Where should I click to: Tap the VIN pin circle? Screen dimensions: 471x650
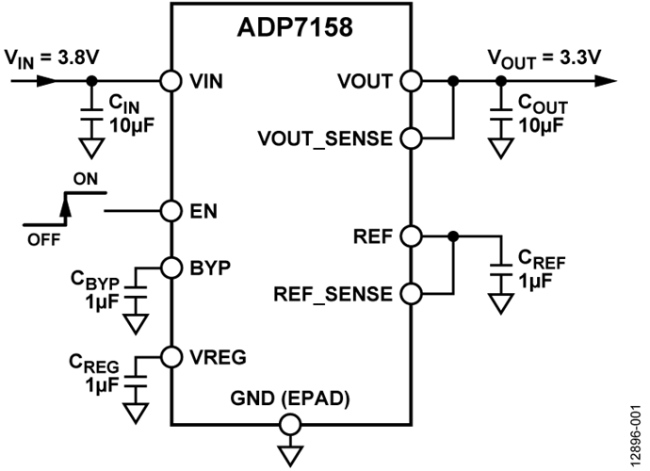tap(171, 81)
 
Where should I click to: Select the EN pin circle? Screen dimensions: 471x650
tap(171, 210)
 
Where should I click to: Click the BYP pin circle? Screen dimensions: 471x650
tap(171, 267)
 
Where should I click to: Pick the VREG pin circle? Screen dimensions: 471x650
tap(171, 357)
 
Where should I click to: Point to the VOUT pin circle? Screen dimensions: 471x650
tap(410, 81)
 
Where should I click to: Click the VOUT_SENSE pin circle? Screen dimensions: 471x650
tap(410, 138)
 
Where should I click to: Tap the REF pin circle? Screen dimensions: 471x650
tap(410, 235)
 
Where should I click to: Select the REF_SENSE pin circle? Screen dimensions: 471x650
tap(410, 294)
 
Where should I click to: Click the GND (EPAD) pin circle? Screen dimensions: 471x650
tap(290, 423)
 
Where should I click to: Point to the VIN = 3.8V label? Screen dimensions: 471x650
tap(51, 58)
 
